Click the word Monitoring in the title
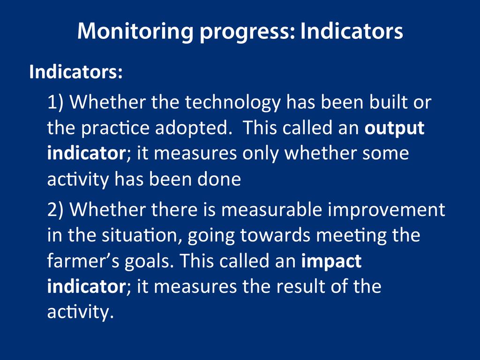[x=135, y=31]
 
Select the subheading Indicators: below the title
[x=76, y=72]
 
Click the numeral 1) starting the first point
[x=55, y=103]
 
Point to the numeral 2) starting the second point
[x=55, y=210]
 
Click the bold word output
[x=394, y=129]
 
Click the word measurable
[x=271, y=210]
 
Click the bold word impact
[x=331, y=262]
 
